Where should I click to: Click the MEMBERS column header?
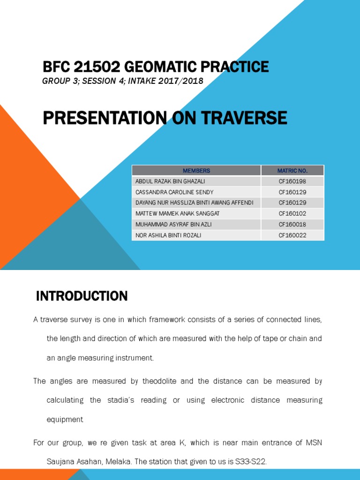(196, 171)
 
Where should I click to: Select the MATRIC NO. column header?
(292, 171)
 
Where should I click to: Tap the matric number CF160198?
(292, 181)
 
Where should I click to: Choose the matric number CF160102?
(292, 214)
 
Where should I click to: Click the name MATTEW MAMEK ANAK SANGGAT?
(171, 214)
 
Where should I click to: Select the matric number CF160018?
(292, 225)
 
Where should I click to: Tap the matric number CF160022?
(292, 235)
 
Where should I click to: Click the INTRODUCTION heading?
(82, 296)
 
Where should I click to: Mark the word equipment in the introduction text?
(65, 420)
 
